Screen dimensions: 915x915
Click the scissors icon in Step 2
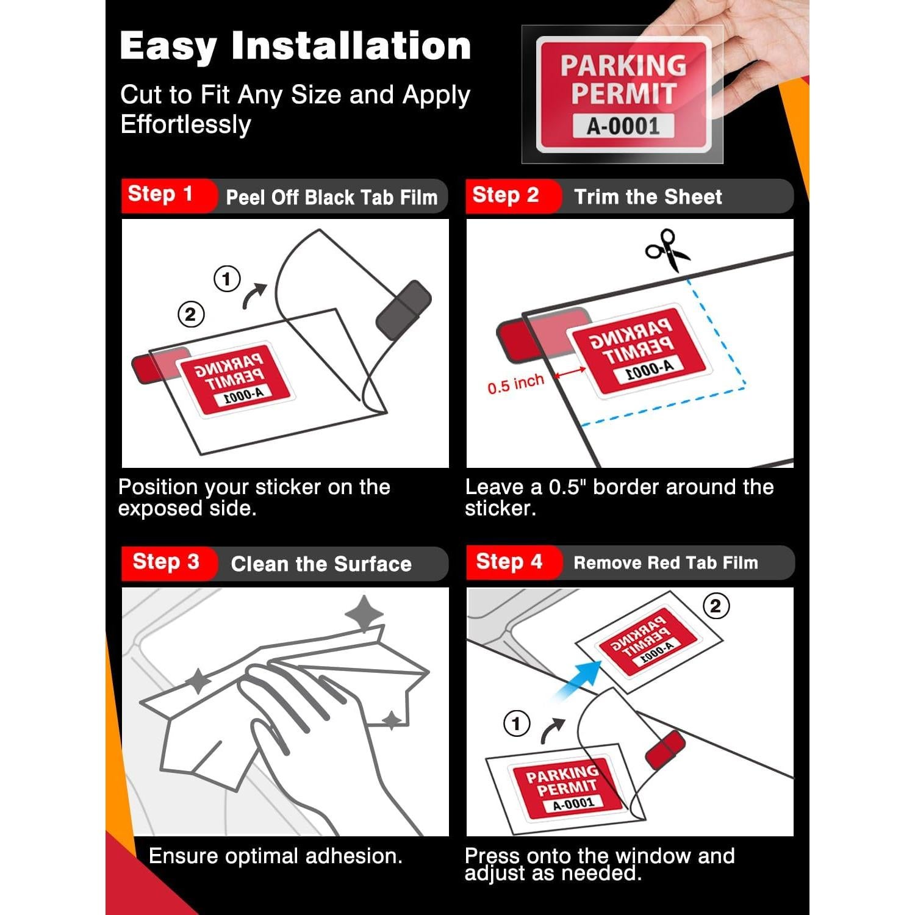(667, 250)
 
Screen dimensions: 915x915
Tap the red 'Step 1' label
(160, 194)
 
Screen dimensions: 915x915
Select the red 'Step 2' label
(506, 195)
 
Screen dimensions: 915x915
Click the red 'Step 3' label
(166, 561)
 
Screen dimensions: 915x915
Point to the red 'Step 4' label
(509, 561)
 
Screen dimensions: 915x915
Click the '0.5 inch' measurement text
(515, 384)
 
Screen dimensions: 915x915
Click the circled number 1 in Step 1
(227, 279)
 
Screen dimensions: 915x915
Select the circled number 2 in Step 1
(191, 315)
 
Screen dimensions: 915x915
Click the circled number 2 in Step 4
(716, 606)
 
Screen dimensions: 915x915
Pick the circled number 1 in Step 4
(517, 723)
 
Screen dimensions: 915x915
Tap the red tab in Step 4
(666, 750)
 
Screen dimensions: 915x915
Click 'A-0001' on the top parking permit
(623, 126)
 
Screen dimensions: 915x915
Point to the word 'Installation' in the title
(351, 46)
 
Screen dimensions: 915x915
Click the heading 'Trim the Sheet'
(648, 197)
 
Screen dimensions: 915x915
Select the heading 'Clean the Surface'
(321, 564)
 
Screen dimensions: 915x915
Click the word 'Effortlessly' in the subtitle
(185, 124)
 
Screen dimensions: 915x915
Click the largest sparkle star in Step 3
(364, 613)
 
